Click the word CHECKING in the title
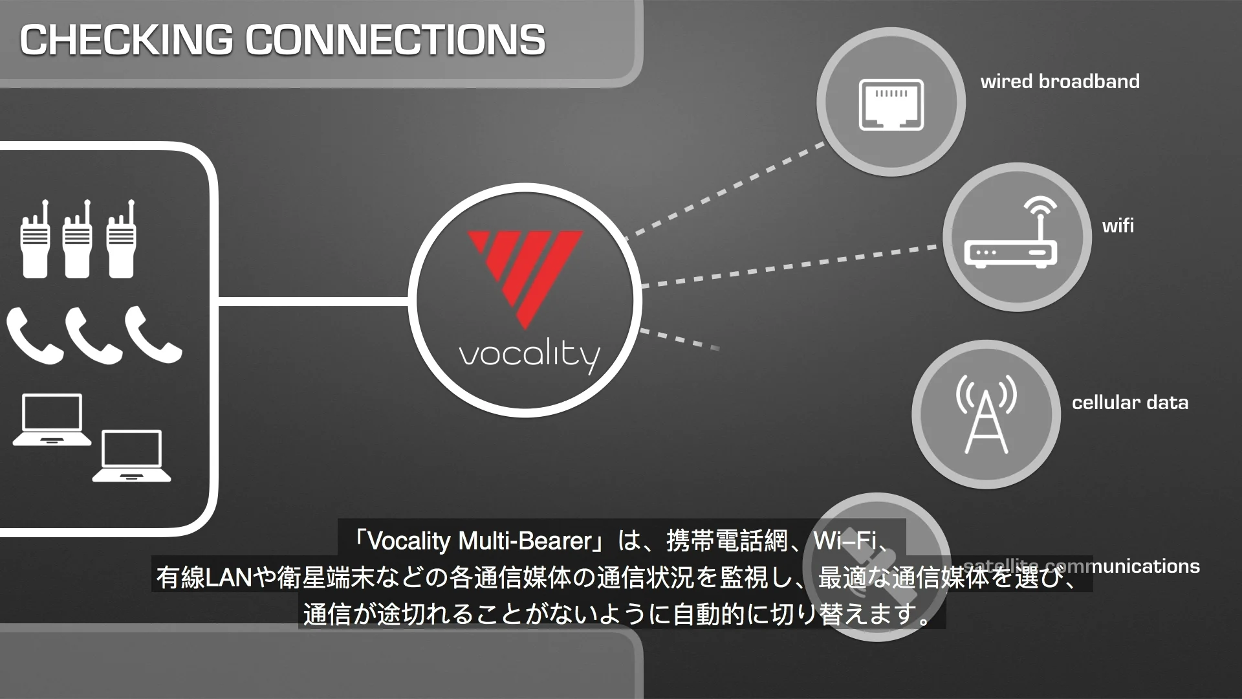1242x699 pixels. [126, 39]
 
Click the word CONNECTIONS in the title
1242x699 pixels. [395, 39]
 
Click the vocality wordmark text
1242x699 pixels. [529, 355]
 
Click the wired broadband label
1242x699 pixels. [1060, 82]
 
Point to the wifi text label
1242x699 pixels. [1118, 226]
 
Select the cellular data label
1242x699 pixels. [1129, 403]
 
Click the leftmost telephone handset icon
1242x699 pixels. [34, 335]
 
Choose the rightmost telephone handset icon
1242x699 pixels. [153, 334]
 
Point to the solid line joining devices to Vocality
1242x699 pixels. [313, 301]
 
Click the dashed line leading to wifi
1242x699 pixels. [789, 265]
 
